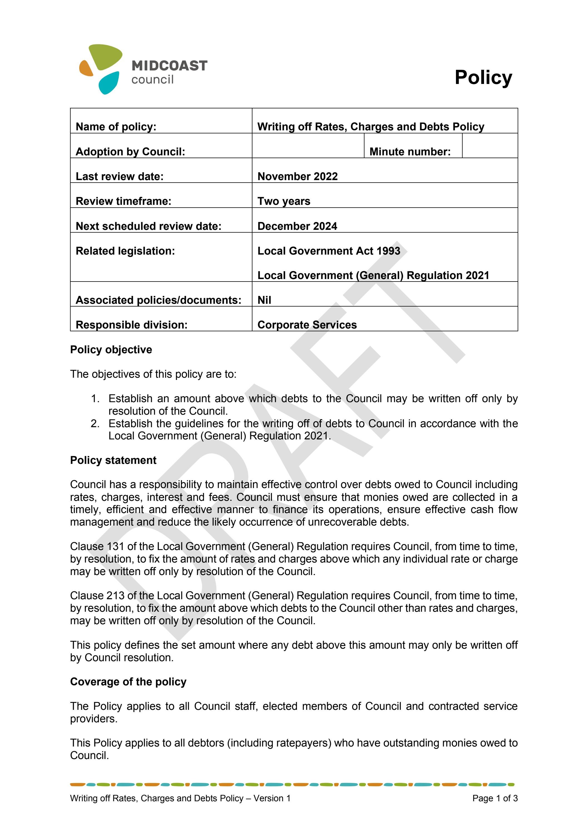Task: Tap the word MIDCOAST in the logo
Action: point(169,66)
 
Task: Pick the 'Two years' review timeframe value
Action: point(284,201)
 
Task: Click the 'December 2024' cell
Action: point(297,226)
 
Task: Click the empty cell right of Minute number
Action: point(490,146)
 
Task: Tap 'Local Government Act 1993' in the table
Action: point(328,251)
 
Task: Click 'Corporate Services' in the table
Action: point(307,325)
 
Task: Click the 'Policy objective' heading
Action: point(111,350)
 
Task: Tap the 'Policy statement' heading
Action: point(113,460)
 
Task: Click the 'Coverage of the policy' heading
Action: point(128,681)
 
